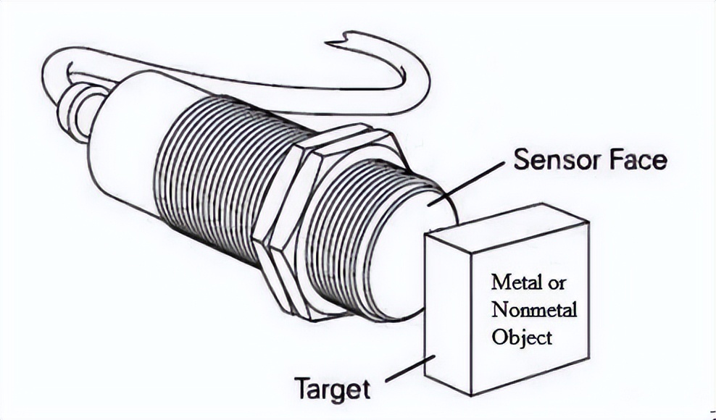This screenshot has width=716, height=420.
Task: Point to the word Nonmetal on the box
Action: coord(534,309)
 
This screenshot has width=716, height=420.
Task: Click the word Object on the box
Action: coord(522,337)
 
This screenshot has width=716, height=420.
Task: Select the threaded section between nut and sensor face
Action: coord(362,232)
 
